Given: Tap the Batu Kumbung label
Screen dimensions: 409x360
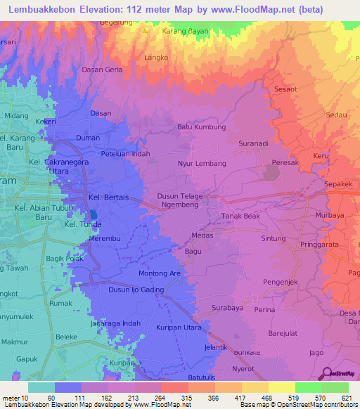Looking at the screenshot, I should tap(201, 127).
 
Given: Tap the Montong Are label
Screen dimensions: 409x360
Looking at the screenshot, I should tap(160, 273).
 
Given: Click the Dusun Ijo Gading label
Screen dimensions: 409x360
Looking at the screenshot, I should tap(136, 290).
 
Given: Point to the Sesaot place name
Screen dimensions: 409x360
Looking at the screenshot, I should tap(286, 90).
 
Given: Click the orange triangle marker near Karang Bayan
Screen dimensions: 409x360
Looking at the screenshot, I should tap(146, 32).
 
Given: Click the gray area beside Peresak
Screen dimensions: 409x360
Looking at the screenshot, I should tap(271, 171).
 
